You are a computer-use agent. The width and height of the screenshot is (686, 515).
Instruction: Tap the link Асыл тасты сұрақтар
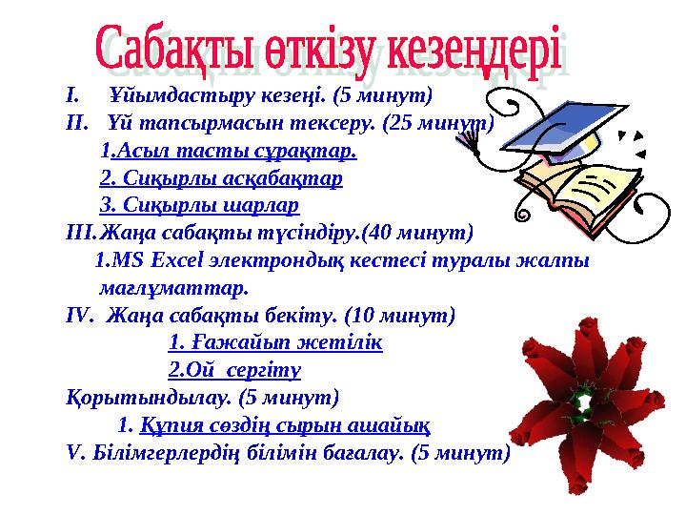[x=234, y=151]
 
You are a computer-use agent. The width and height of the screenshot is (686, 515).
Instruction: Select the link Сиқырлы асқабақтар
[x=221, y=178]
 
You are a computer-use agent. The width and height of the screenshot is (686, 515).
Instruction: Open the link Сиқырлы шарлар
[x=199, y=205]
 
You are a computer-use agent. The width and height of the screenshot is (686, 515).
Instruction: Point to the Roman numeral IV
[x=77, y=315]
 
